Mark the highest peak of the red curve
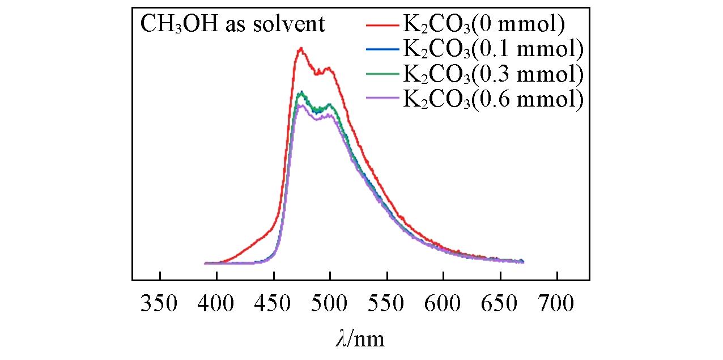tap(301, 49)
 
